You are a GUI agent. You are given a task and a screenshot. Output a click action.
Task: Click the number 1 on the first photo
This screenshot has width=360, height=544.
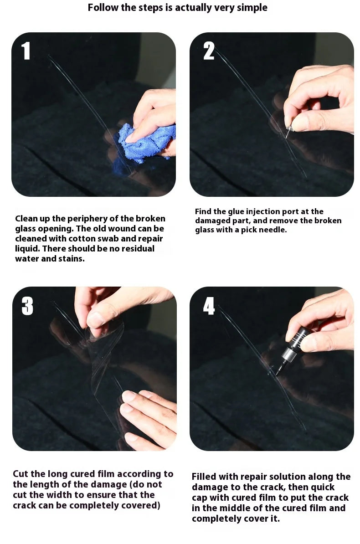point(26,51)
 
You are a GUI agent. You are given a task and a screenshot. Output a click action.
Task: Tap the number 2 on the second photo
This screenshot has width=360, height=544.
point(209,51)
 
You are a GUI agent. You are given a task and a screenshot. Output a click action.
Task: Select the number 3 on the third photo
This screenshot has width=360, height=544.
point(27,306)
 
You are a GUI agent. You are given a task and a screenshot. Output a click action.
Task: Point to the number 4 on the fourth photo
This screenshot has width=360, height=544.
point(209,306)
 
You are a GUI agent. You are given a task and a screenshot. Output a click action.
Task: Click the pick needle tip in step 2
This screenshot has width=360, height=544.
point(287,135)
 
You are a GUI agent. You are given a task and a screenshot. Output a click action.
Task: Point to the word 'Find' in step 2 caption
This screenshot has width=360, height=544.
point(204,211)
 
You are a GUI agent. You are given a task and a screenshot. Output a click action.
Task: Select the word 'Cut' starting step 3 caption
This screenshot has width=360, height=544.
point(21,474)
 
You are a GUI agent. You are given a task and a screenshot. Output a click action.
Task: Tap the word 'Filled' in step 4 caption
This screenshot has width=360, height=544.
point(206,477)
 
